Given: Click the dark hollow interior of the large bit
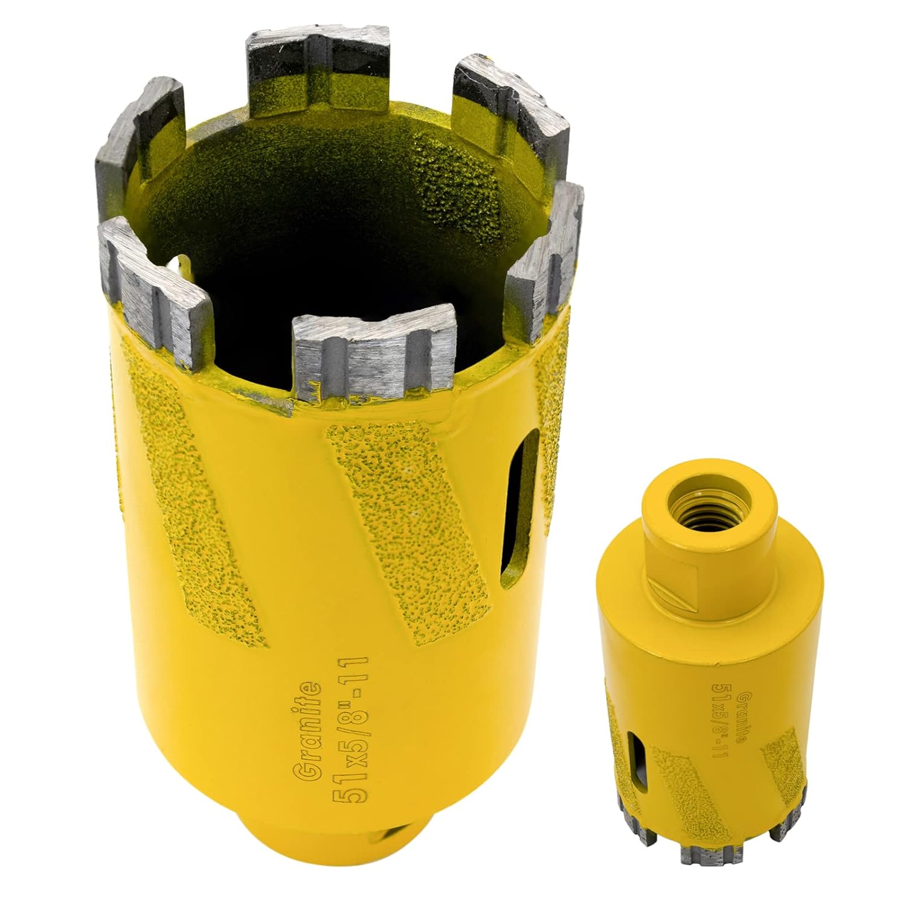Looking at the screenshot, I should point(314,230).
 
